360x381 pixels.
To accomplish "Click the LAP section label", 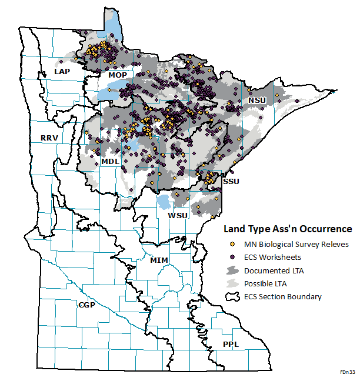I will pos(62,71).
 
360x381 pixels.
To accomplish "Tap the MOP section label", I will pos(116,75).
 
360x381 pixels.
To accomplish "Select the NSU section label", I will pos(256,101).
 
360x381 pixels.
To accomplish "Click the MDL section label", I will pos(110,161).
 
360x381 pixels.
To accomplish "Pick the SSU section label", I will pos(230,182).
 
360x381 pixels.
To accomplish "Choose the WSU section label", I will pos(178,215).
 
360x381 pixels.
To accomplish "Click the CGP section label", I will pos(87,305).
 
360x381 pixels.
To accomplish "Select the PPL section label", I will pos(231,344).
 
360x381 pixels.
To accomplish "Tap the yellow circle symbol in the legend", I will pos(233,244).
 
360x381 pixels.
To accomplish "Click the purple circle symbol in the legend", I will pos(233,257).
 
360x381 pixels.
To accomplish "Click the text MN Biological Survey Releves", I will pos(296,244).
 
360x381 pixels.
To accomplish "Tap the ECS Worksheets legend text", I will pos(273,257).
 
